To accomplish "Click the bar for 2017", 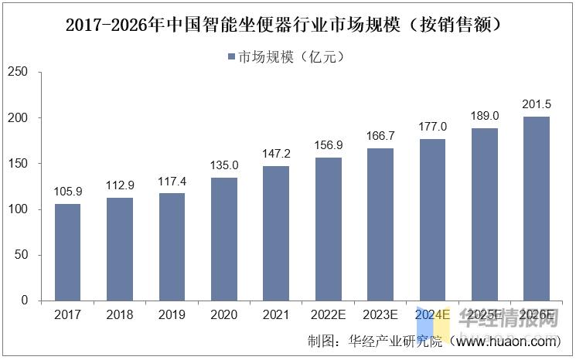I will click(x=67, y=252).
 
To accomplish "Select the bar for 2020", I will click(x=224, y=239).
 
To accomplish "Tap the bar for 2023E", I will click(x=380, y=224).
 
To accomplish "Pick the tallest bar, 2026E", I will click(x=537, y=209).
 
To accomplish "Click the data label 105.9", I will click(x=67, y=192).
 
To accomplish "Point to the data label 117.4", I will click(x=172, y=182).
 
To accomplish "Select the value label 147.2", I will click(x=276, y=154).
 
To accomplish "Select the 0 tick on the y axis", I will click(x=25, y=301).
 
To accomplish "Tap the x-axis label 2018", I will click(x=120, y=315).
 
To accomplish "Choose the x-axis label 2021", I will click(x=276, y=315).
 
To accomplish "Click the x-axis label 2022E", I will click(x=328, y=315).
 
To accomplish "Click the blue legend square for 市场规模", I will click(x=231, y=56).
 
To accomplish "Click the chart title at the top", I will click(x=288, y=25).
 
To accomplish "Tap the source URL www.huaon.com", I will click(x=507, y=341).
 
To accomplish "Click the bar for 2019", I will click(x=172, y=246).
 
